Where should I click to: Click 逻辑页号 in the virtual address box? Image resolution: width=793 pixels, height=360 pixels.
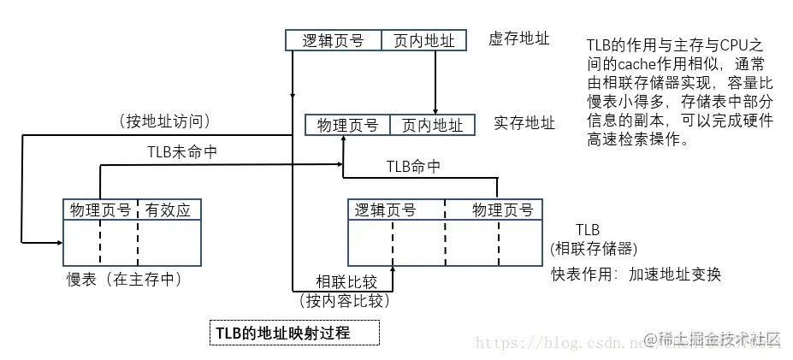(x=333, y=40)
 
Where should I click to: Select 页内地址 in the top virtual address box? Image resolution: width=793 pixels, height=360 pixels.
(x=424, y=40)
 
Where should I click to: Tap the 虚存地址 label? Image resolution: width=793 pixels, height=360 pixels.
(x=519, y=38)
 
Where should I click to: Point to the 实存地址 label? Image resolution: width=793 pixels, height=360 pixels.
(x=524, y=123)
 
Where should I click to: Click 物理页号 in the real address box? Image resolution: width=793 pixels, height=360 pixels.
(x=347, y=125)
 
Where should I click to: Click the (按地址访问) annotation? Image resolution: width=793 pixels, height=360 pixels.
(x=165, y=121)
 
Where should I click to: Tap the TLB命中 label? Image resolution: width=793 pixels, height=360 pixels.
(x=413, y=166)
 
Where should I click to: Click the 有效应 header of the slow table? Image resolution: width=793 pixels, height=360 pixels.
(x=169, y=210)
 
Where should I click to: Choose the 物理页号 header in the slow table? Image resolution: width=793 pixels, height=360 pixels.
(x=101, y=210)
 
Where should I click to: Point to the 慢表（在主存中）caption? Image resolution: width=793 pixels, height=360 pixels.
(x=125, y=279)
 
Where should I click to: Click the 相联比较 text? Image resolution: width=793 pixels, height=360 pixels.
(x=345, y=281)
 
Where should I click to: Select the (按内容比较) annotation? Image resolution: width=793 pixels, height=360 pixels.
(x=344, y=299)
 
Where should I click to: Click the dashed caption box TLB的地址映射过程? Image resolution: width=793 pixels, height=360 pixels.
(x=294, y=332)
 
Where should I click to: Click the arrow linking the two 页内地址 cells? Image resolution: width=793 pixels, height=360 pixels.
(x=436, y=81)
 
